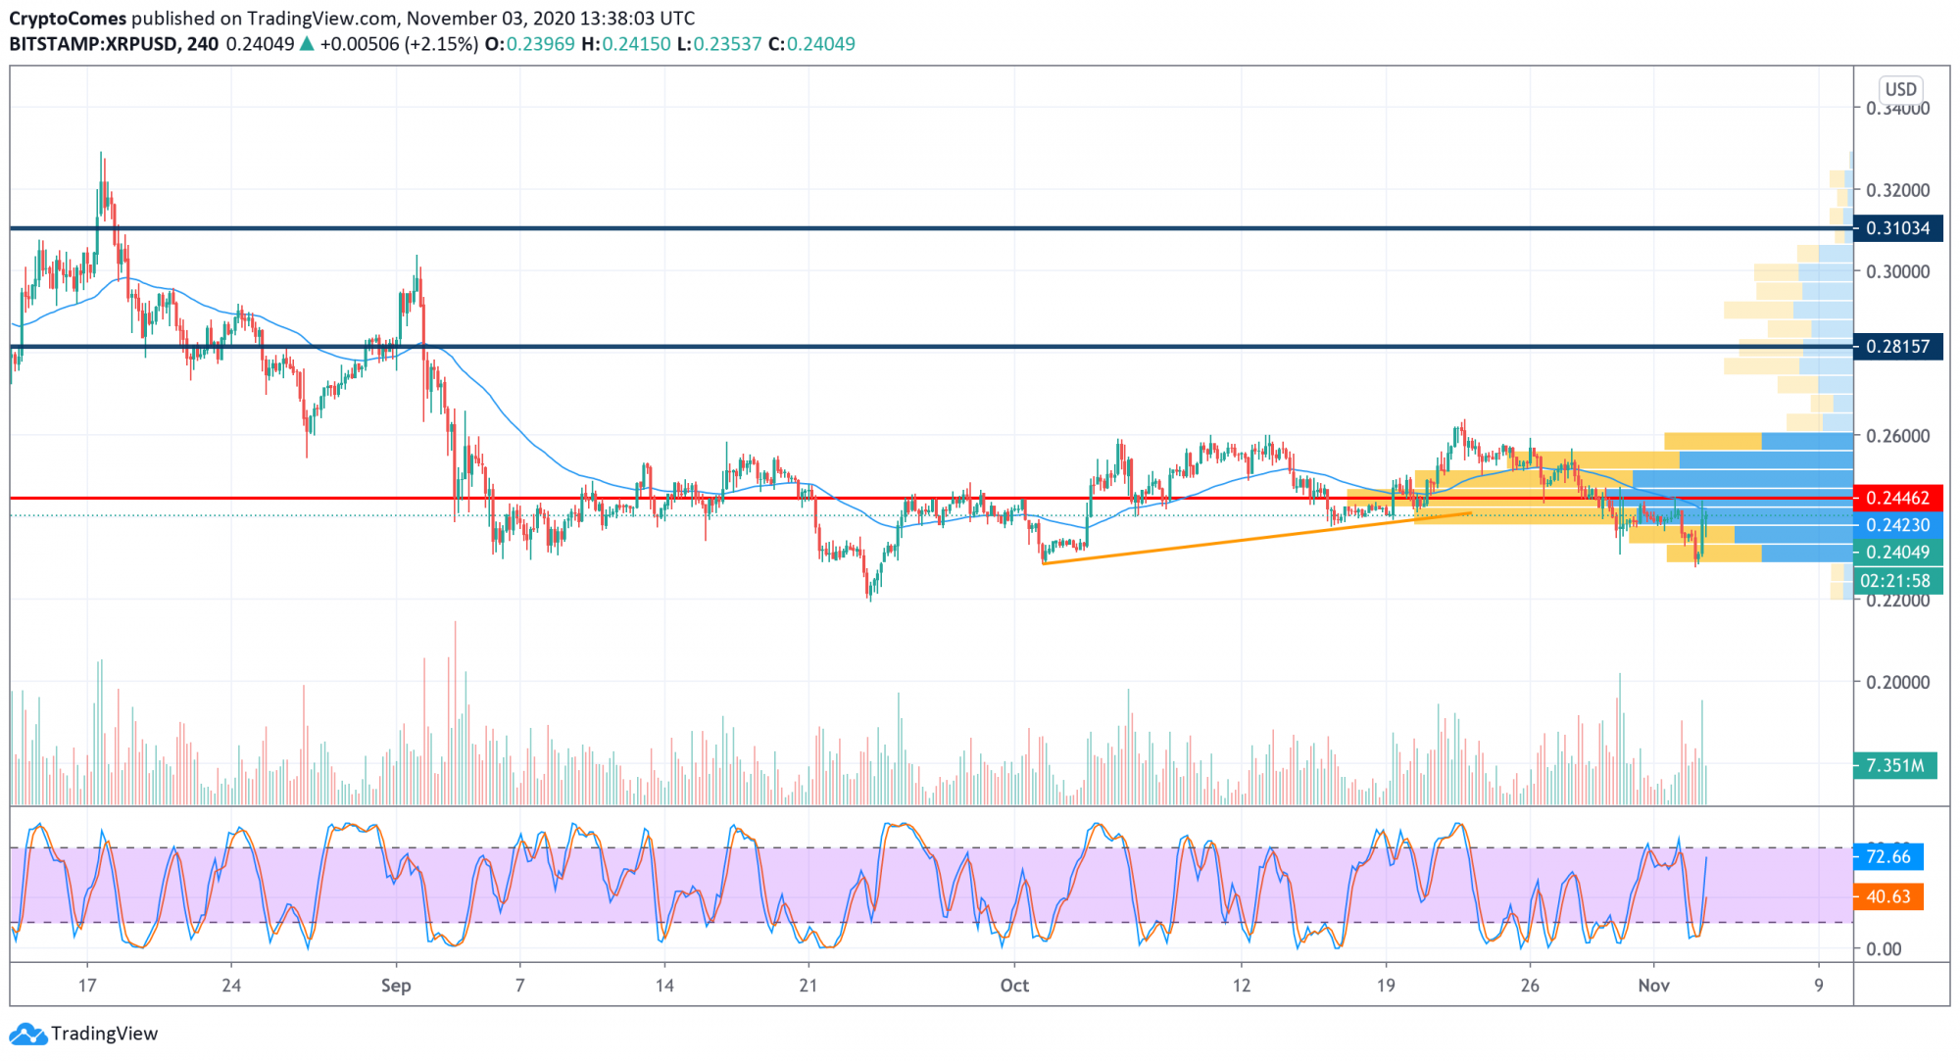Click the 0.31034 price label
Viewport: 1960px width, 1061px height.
(1897, 228)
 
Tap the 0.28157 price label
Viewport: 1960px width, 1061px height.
(1897, 346)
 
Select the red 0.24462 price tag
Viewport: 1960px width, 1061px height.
(1897, 498)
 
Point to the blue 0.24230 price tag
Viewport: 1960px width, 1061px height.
(1897, 525)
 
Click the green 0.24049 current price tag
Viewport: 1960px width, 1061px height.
(1897, 553)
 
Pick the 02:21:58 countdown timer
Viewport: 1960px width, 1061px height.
(1894, 581)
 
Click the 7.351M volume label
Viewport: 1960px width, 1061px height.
(1894, 765)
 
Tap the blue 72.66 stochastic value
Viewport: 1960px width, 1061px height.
(1888, 856)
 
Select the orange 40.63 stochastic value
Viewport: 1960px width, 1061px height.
(1888, 896)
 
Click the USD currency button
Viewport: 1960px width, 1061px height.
(1900, 89)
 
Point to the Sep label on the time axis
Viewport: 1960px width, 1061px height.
(396, 986)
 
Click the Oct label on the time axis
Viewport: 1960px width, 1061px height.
(1014, 986)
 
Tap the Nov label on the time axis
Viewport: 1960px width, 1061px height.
(1653, 986)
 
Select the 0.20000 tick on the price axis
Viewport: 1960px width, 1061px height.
(1897, 682)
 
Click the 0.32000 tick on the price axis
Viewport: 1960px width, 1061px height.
(1897, 190)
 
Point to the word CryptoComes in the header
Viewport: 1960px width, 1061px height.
(68, 19)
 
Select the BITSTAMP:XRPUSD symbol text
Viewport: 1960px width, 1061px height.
(94, 44)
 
